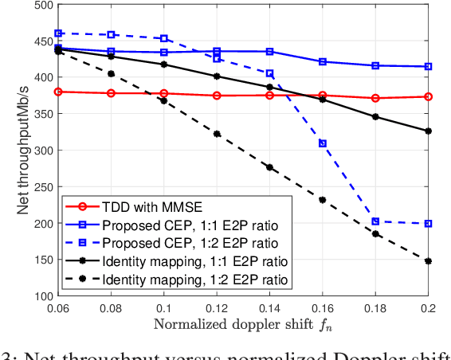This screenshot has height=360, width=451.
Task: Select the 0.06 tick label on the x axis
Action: click(x=57, y=308)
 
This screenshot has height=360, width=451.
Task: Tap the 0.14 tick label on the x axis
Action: click(x=269, y=308)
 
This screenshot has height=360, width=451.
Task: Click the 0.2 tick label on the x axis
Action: click(x=428, y=308)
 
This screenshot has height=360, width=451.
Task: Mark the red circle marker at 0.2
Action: click(x=428, y=96)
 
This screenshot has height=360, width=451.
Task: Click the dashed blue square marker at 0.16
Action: click(x=323, y=143)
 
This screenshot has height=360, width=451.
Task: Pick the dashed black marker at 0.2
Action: click(x=428, y=260)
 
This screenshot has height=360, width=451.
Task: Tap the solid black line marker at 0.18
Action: click(x=375, y=117)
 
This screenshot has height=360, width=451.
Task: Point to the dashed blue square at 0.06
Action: click(x=58, y=33)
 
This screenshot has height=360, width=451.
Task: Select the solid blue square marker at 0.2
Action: click(x=428, y=67)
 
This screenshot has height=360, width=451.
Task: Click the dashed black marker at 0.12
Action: click(x=217, y=134)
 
